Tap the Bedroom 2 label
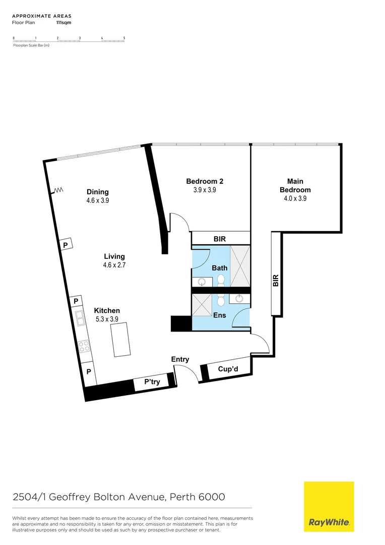[x=205, y=181]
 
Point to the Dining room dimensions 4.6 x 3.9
[x=98, y=200]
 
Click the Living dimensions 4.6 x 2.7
[x=114, y=265]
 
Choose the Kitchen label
[x=107, y=310]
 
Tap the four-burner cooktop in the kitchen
[x=84, y=346]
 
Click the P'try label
[x=152, y=382]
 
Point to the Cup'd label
[x=227, y=369]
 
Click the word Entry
[x=180, y=359]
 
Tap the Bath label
[x=219, y=268]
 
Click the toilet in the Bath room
[x=220, y=279]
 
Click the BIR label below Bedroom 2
[x=220, y=238]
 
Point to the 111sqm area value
[x=63, y=23]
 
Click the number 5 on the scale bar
[x=124, y=38]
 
